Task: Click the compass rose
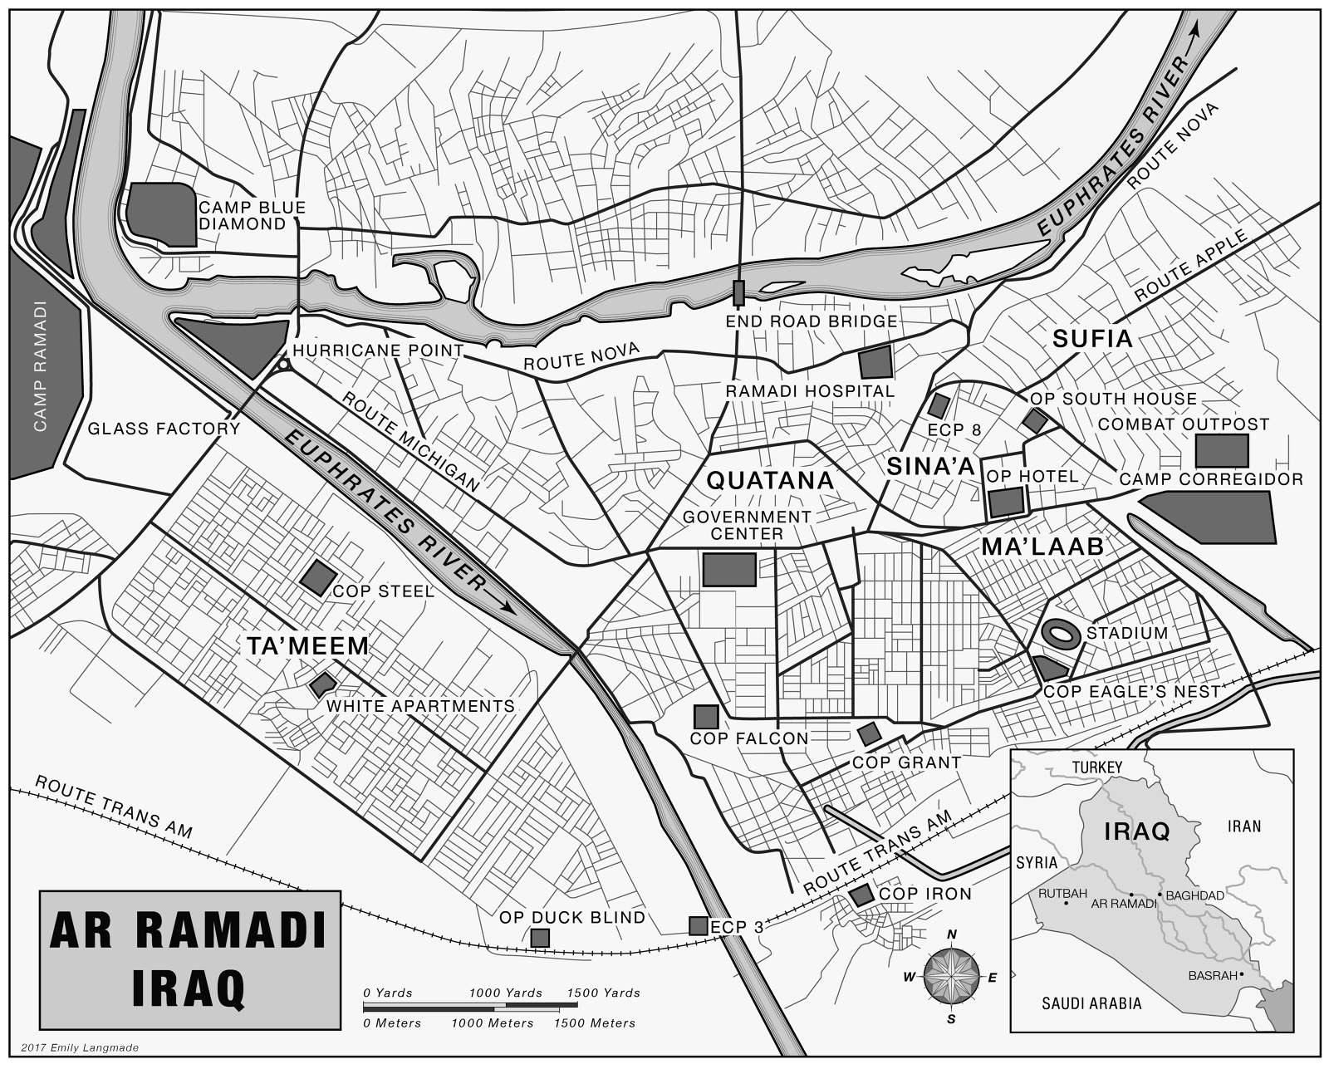point(952,977)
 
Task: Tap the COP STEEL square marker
point(317,577)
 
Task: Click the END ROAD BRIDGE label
point(811,321)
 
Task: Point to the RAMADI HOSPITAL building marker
point(875,363)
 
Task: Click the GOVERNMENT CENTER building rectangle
point(729,570)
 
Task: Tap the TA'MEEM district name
point(307,646)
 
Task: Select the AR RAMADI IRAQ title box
point(190,960)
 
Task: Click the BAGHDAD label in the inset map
point(1194,895)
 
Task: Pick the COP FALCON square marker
point(705,717)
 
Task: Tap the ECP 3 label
point(736,928)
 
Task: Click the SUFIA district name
point(1091,339)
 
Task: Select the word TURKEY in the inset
point(1096,767)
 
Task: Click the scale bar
point(470,1006)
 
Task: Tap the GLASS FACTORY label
point(164,429)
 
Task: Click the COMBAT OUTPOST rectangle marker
point(1221,450)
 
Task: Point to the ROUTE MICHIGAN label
point(410,440)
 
